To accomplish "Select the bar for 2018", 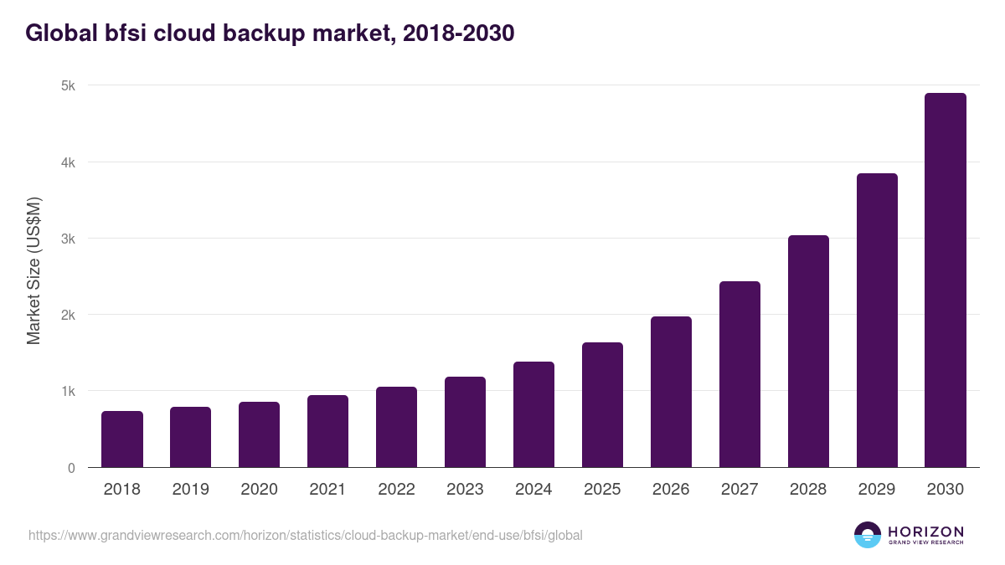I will tap(122, 439).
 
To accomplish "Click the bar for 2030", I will tap(946, 280).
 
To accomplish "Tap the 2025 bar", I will tap(602, 405).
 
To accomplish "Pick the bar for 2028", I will tap(808, 352).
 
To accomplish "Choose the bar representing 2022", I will tap(396, 427).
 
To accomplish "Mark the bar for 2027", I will tap(740, 374).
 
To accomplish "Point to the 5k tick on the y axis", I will tap(68, 85).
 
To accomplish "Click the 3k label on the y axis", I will tap(68, 239).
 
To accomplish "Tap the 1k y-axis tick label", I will tap(68, 392).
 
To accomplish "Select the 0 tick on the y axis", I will tap(71, 468).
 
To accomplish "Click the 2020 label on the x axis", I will tap(259, 490).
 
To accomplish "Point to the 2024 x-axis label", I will tap(533, 490).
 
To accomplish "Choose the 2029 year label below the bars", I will tap(877, 490).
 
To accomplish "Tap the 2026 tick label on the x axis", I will tap(671, 490).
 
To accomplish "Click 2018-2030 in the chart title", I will tap(458, 33).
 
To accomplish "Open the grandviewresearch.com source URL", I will tap(305, 535).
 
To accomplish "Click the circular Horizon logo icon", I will tap(868, 535).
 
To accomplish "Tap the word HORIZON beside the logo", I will tap(925, 532).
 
